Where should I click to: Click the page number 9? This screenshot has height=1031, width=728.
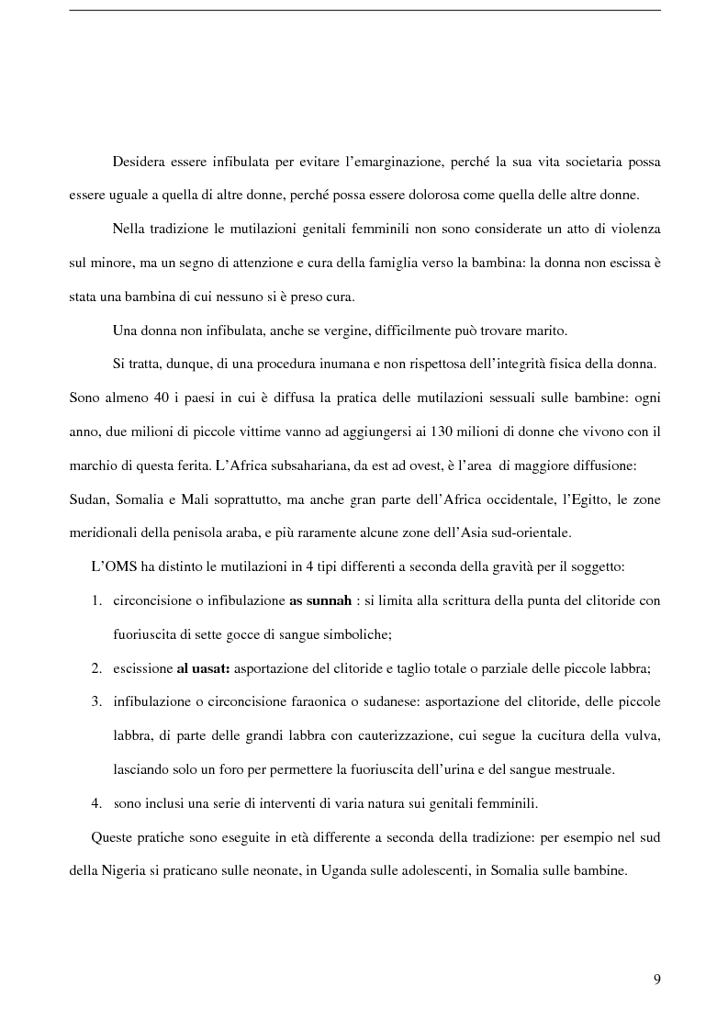[656, 979]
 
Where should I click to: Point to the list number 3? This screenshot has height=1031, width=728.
[95, 701]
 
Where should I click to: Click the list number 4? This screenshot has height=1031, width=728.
[95, 802]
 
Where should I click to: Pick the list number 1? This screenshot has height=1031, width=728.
[95, 600]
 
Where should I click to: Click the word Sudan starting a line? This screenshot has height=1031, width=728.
[88, 499]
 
